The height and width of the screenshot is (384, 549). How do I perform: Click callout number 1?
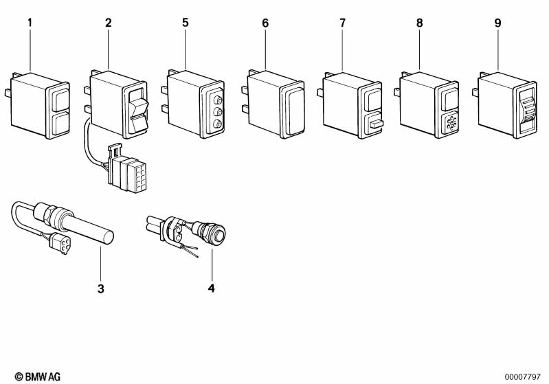click(30, 23)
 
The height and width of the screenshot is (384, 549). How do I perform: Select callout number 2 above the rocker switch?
click(108, 23)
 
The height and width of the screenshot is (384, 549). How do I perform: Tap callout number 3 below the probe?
click(101, 289)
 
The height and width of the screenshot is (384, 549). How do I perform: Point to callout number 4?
click(211, 288)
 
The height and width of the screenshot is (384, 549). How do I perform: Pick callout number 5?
click(186, 23)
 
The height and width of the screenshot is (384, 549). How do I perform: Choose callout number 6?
click(265, 23)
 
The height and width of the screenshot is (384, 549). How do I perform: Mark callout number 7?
click(342, 23)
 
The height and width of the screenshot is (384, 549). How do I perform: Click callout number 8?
click(419, 23)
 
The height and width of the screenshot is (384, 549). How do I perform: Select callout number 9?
click(497, 23)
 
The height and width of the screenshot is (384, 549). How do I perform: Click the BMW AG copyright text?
click(38, 376)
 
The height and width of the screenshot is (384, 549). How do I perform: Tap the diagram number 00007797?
click(523, 377)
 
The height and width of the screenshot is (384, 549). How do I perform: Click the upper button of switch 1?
click(61, 100)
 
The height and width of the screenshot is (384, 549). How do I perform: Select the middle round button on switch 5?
click(217, 112)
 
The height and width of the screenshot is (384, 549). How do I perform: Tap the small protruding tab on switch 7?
click(377, 124)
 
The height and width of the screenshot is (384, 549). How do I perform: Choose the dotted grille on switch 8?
click(451, 122)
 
